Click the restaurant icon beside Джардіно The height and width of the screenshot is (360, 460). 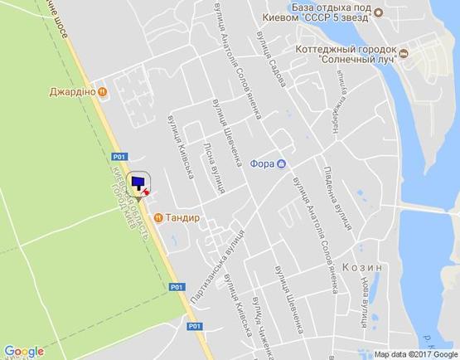[102, 93]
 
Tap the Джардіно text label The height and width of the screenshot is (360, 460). [73, 93]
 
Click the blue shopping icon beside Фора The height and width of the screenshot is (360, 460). [283, 163]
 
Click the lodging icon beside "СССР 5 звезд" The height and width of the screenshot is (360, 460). [377, 12]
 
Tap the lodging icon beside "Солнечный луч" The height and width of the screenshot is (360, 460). [404, 54]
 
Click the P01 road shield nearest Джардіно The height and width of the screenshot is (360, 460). [120, 156]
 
